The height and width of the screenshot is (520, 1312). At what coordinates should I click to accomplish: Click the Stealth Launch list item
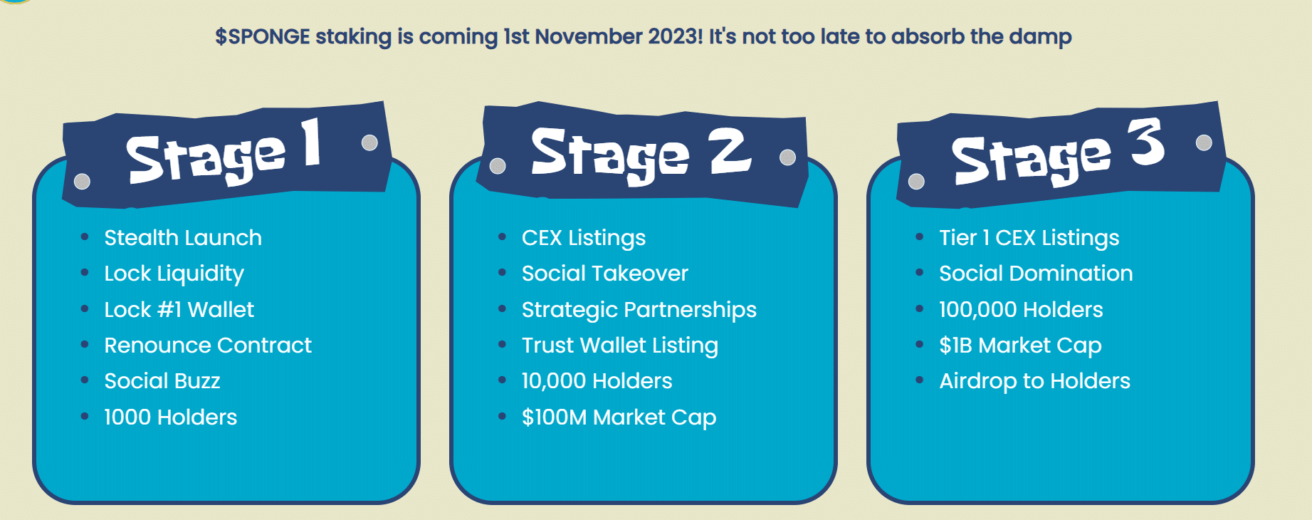tap(183, 238)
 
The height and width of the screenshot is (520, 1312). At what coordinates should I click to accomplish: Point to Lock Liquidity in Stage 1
tap(174, 274)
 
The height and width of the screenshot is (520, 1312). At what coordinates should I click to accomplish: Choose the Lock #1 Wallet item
tap(179, 310)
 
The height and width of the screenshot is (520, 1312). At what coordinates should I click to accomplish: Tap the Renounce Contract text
tap(208, 345)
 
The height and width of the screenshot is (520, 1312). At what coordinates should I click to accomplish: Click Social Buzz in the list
tap(162, 381)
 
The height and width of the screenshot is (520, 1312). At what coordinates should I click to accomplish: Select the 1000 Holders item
tap(171, 417)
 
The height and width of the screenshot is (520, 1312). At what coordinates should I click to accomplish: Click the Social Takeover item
tap(605, 274)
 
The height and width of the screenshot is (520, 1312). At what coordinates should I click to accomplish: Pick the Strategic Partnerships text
tap(639, 311)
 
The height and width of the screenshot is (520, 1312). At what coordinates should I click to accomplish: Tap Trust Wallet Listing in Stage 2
tap(620, 346)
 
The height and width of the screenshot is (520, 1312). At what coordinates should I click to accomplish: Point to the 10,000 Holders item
tap(597, 382)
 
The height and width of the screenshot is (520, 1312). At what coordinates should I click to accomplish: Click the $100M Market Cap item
tap(619, 418)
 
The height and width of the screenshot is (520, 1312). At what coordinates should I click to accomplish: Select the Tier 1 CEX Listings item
tap(1029, 239)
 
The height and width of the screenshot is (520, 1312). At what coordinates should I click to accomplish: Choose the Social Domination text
tap(1036, 274)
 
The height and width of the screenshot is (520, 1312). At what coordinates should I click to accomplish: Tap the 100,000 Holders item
tap(1021, 310)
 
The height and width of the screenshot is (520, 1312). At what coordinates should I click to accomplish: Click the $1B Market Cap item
tap(1020, 346)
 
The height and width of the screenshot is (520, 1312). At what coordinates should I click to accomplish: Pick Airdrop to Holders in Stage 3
tap(1034, 382)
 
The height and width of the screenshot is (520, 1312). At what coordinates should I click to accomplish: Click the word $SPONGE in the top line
tap(263, 36)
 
